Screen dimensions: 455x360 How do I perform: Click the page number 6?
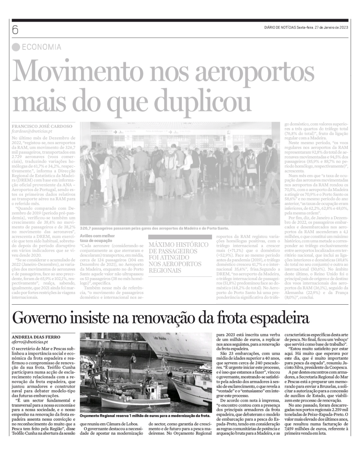coord(15,30)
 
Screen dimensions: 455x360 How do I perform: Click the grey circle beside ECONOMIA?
coord(16,47)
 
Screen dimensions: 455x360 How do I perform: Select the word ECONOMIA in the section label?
coord(41,47)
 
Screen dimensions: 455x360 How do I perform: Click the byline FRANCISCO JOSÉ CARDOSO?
coord(42,126)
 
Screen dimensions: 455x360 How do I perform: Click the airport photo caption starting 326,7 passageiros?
coord(154,228)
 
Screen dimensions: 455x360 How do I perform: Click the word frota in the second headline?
coord(230,318)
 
